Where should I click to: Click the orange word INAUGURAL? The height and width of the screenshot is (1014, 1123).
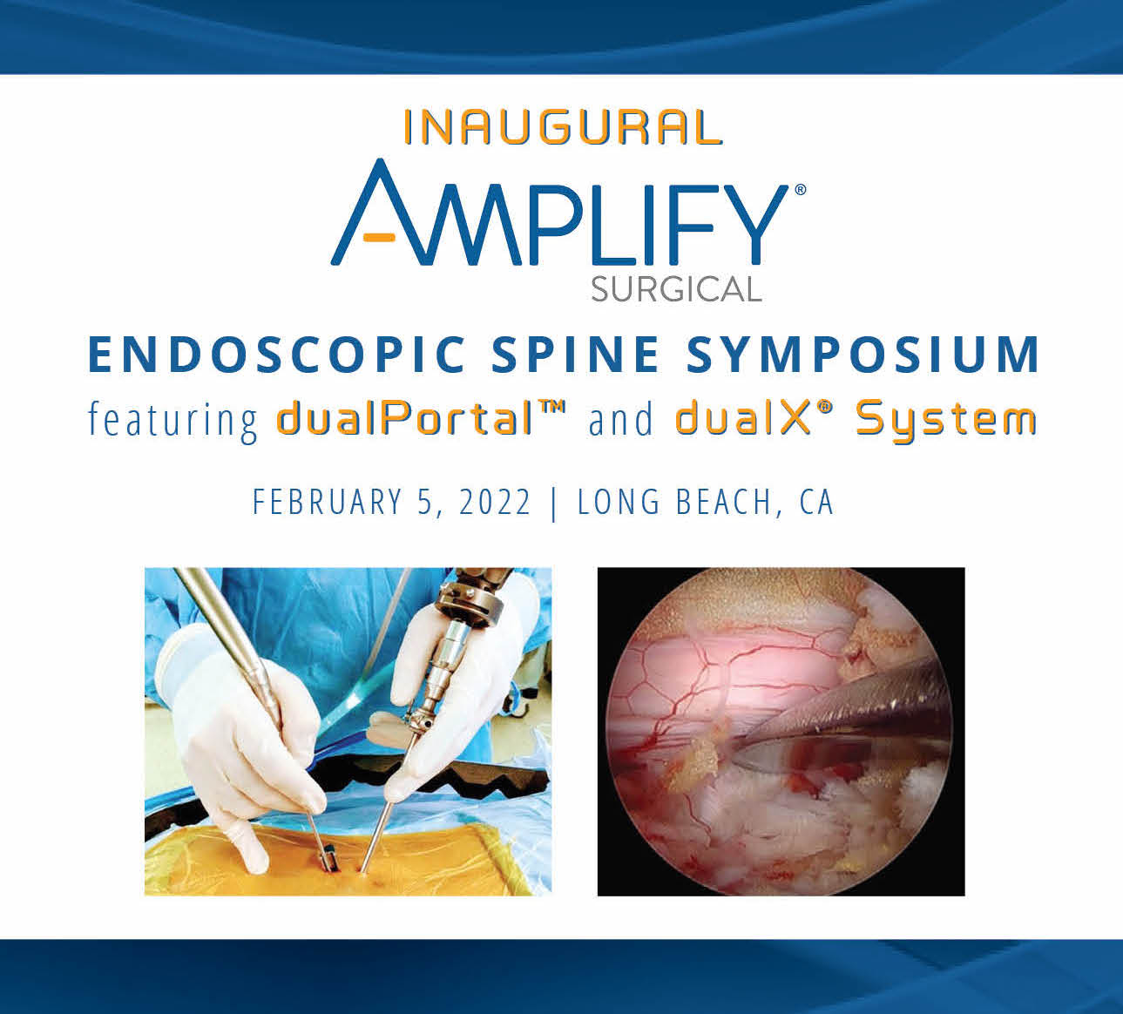[x=563, y=127]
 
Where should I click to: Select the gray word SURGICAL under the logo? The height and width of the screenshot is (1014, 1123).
[x=676, y=288]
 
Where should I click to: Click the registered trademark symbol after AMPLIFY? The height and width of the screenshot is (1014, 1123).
[x=800, y=188]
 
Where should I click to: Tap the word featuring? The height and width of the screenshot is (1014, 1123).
[x=173, y=420]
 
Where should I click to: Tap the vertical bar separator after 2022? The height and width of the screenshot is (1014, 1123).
[x=554, y=503]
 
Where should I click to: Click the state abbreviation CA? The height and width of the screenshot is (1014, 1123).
[x=816, y=503]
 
